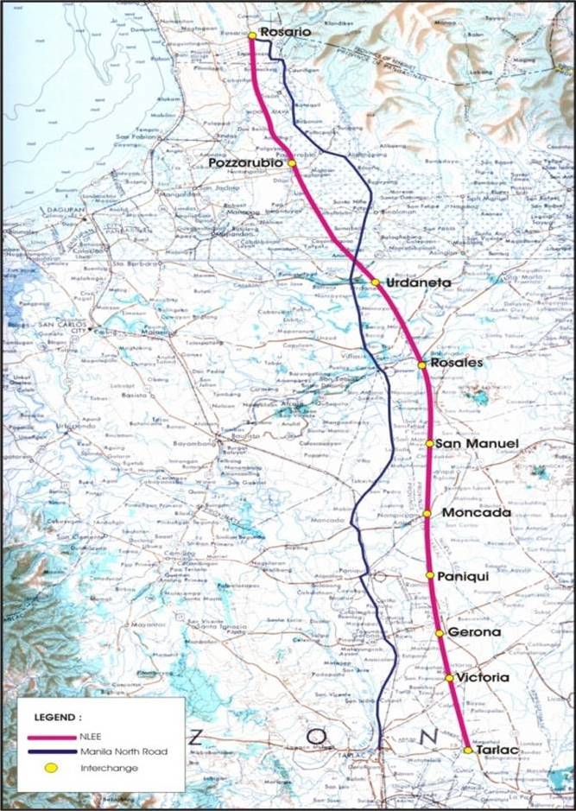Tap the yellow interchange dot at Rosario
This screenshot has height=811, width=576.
point(251,35)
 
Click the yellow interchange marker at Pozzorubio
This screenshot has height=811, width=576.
point(292,163)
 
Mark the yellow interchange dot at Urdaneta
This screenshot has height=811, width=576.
point(376,282)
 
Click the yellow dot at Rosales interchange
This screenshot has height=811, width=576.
point(422,364)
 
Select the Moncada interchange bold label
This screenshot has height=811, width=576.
point(476,513)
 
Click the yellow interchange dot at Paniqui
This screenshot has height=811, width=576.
point(429,574)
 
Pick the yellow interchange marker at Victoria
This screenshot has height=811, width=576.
point(450,678)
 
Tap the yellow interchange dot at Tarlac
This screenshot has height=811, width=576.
point(467,751)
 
